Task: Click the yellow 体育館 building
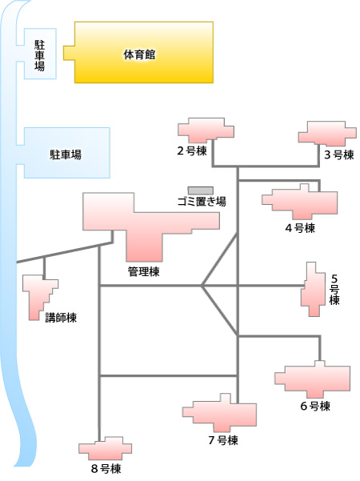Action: [x=143, y=52]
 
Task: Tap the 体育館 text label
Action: [x=139, y=55]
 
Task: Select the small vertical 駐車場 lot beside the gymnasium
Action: [x=40, y=54]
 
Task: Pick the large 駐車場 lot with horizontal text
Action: [x=66, y=153]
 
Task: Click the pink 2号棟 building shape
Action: [x=206, y=129]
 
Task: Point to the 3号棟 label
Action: [x=339, y=155]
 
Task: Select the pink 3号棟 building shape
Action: [x=327, y=134]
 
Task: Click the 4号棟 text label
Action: [x=300, y=228]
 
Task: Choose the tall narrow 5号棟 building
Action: [x=313, y=289]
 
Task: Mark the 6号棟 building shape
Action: [x=313, y=379]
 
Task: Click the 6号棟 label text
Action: [x=315, y=406]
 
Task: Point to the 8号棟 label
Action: [x=106, y=469]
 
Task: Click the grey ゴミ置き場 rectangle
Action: [x=201, y=190]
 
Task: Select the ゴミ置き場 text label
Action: [x=202, y=202]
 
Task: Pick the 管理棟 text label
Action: [x=143, y=271]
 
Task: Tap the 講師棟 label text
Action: [x=61, y=318]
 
